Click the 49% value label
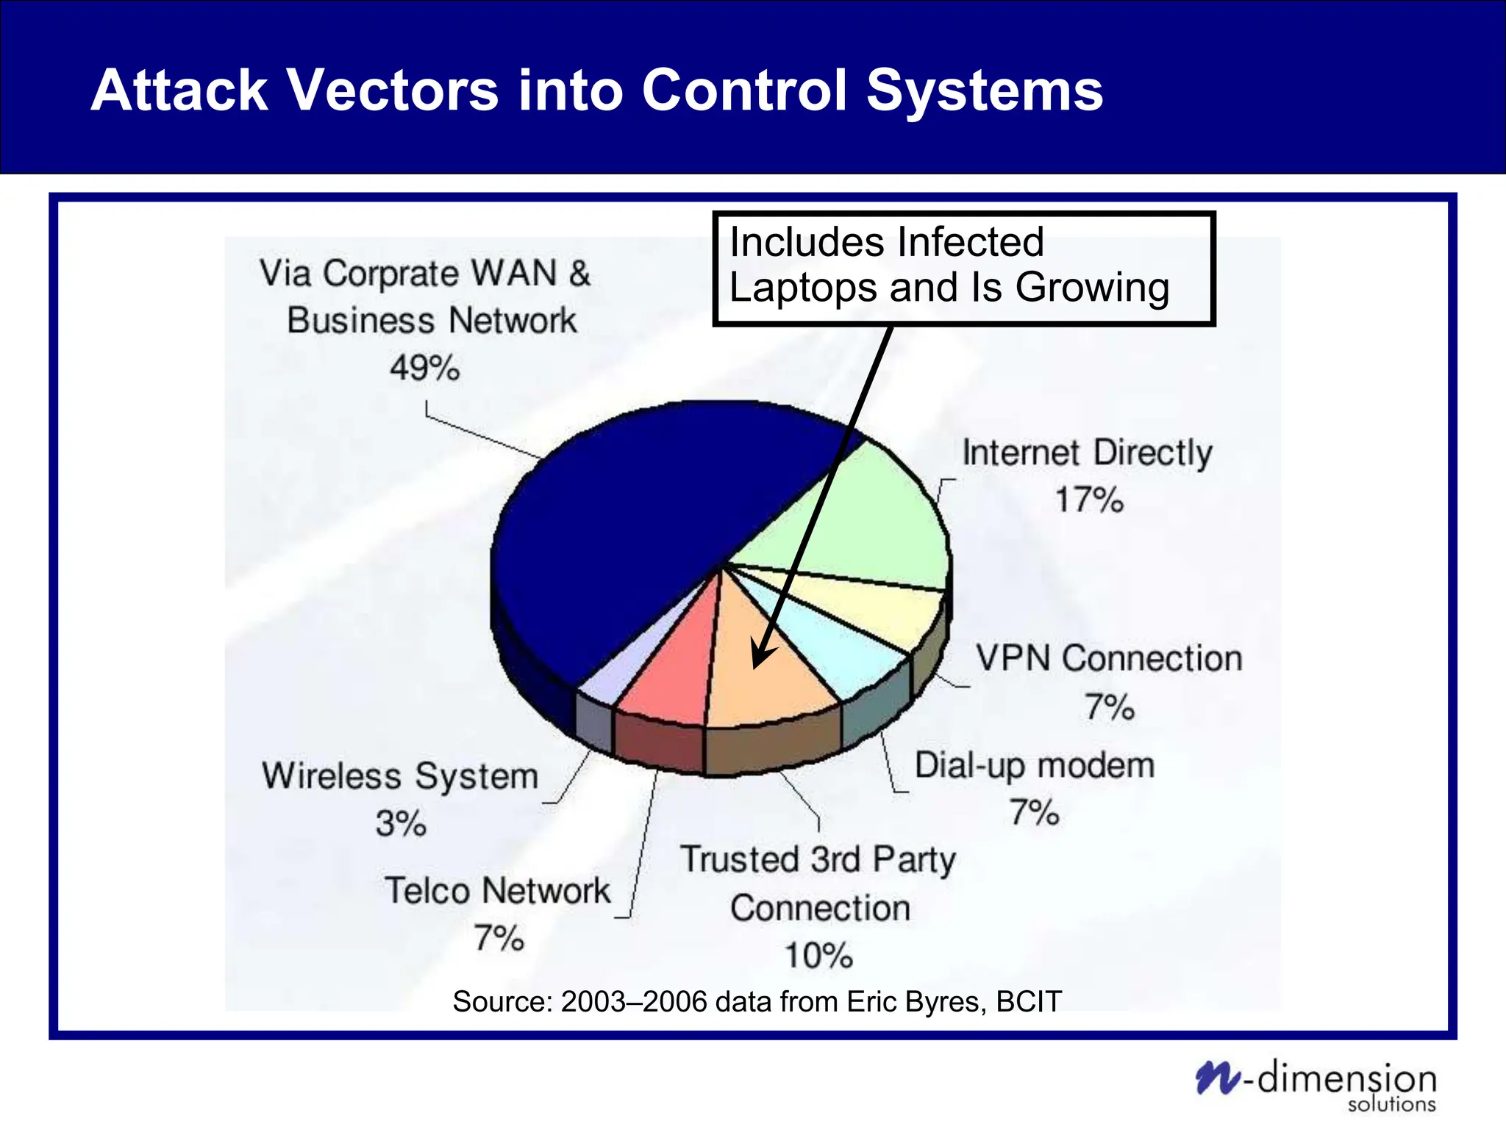point(424,367)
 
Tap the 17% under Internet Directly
point(1089,500)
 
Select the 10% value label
point(818,956)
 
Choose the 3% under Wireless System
point(401,823)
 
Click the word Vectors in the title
point(392,90)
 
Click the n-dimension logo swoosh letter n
point(1217,1079)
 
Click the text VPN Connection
point(1108,658)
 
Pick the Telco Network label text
point(497,891)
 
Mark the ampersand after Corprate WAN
point(579,274)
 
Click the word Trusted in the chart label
point(739,859)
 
